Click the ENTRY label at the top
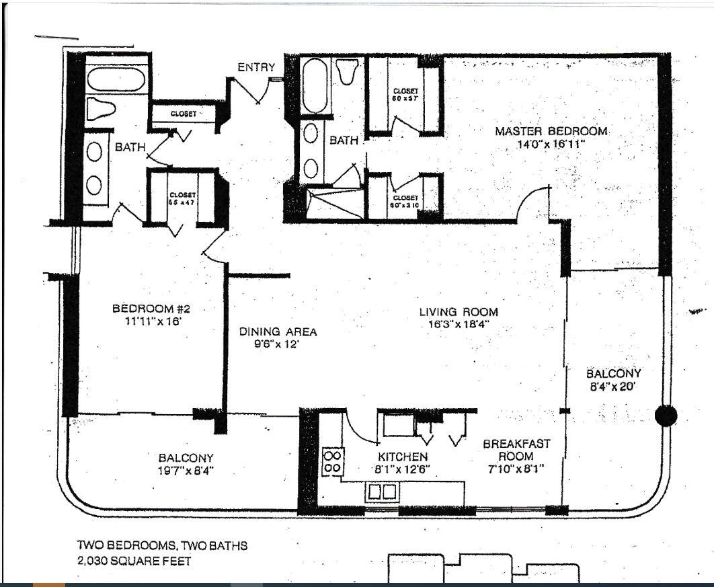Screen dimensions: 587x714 coord(256,67)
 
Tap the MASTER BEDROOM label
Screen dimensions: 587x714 coord(551,131)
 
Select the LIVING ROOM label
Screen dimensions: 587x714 coord(459,312)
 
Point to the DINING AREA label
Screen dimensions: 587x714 coord(278,332)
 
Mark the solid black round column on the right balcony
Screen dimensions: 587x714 coord(666,416)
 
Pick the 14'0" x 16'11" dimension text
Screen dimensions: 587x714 coord(551,143)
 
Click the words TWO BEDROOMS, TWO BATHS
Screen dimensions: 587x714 coord(162,546)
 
